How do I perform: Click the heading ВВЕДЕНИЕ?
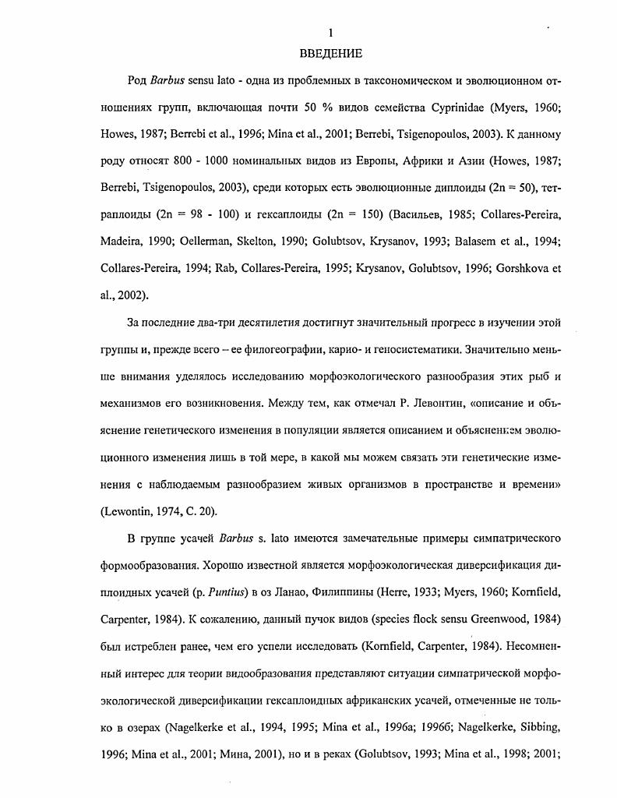click(331, 54)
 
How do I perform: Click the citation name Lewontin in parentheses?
click(128, 511)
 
